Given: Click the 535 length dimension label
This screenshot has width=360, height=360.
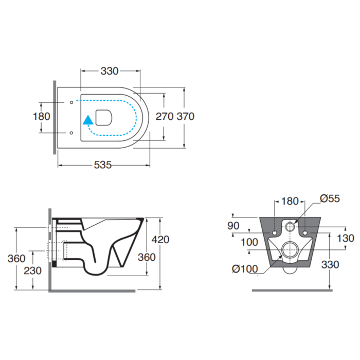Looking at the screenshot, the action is [103, 165].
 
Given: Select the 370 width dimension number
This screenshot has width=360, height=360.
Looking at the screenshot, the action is [186, 116].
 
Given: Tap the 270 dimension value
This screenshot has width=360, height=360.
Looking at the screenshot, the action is [165, 116].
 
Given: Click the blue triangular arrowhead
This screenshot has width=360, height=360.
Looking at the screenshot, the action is [88, 120].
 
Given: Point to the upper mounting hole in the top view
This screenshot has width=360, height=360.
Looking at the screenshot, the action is [71, 102].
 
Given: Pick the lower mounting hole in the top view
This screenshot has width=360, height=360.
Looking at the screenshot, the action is [71, 133].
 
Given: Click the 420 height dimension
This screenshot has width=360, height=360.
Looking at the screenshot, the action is [160, 240].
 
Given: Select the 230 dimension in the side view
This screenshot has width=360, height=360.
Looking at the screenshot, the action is [32, 271].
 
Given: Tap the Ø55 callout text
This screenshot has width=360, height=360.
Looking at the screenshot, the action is [330, 199].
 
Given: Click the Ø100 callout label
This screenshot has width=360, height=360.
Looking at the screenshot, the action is [245, 269].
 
